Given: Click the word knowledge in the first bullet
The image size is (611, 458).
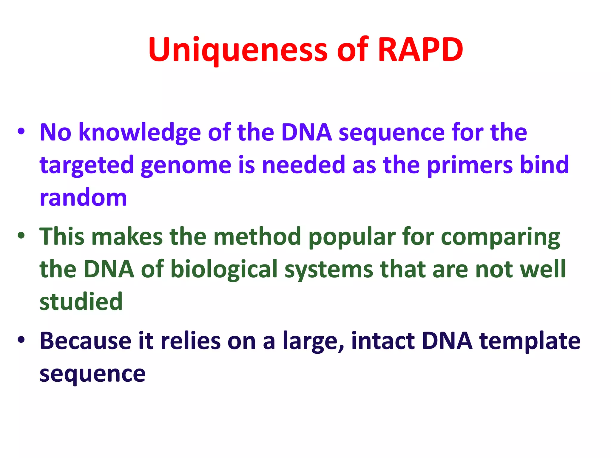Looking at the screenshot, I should point(139,133).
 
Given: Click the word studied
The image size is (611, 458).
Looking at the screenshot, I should point(81,302).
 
